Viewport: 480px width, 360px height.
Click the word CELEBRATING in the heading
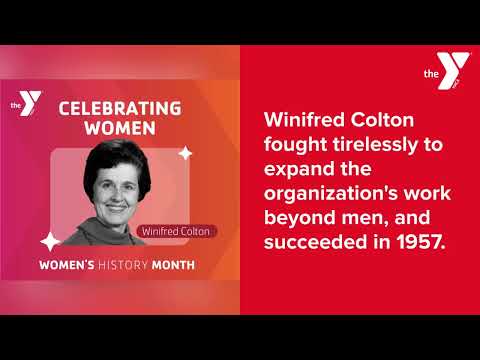(x=119, y=108)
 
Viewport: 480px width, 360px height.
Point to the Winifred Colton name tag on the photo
(x=176, y=232)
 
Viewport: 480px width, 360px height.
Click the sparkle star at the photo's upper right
(x=185, y=153)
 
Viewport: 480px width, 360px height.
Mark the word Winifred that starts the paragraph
(x=304, y=117)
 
